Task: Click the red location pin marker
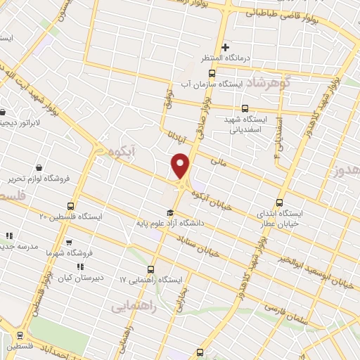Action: click(x=181, y=166)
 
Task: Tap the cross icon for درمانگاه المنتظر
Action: click(x=225, y=47)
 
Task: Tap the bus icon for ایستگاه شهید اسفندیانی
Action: click(x=245, y=108)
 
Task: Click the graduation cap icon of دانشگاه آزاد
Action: click(x=169, y=213)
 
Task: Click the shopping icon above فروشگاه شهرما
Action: click(x=69, y=242)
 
